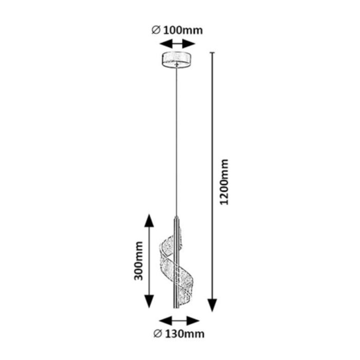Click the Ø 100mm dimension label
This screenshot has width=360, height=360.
click(x=177, y=30)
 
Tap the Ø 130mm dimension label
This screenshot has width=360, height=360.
click(x=179, y=334)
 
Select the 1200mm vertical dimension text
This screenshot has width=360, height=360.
click(x=224, y=182)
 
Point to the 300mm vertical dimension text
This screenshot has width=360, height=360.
click(x=138, y=261)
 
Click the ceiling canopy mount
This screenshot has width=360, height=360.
click(x=176, y=60)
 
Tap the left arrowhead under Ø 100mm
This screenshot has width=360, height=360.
click(x=166, y=44)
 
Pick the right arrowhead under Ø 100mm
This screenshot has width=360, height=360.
click(x=189, y=44)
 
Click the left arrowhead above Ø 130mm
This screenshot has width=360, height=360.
click(x=165, y=321)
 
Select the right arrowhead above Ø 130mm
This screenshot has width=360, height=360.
click(x=193, y=321)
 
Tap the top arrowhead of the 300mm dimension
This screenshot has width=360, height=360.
click(x=149, y=221)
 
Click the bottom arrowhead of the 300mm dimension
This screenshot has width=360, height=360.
click(x=149, y=301)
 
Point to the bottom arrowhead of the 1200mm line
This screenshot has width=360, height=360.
click(x=212, y=305)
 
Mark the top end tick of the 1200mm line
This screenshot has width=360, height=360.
click(x=212, y=53)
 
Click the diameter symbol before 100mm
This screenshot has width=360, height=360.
click(x=156, y=30)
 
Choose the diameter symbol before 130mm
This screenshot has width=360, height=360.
click(x=158, y=334)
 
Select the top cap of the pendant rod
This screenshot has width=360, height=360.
click(x=176, y=218)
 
